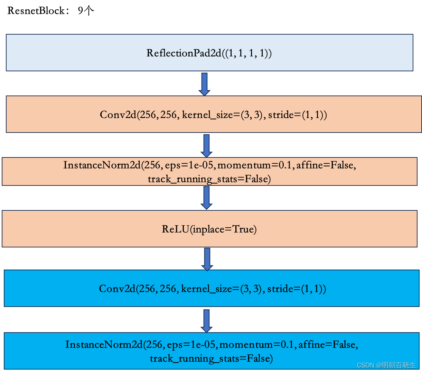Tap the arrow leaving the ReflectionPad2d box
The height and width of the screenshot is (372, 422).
[x=204, y=83]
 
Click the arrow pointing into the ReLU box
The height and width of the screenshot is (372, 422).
[x=206, y=198]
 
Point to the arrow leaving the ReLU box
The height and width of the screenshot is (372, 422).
[x=207, y=259]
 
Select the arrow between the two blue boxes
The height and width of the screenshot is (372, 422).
[x=206, y=320]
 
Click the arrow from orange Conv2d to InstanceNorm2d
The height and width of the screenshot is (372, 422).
[x=206, y=145]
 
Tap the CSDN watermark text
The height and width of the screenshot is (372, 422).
[x=386, y=365]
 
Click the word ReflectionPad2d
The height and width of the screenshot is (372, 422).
[x=184, y=53]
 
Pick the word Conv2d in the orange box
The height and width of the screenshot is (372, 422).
[x=118, y=115]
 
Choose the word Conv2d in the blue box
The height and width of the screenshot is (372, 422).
[x=117, y=289]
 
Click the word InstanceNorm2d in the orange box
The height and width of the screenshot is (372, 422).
[x=102, y=165]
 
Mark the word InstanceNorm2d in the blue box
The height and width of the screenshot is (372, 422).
[x=104, y=345]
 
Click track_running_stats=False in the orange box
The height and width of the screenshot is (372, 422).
[x=209, y=179]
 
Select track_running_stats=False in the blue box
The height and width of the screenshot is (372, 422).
[x=211, y=359]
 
